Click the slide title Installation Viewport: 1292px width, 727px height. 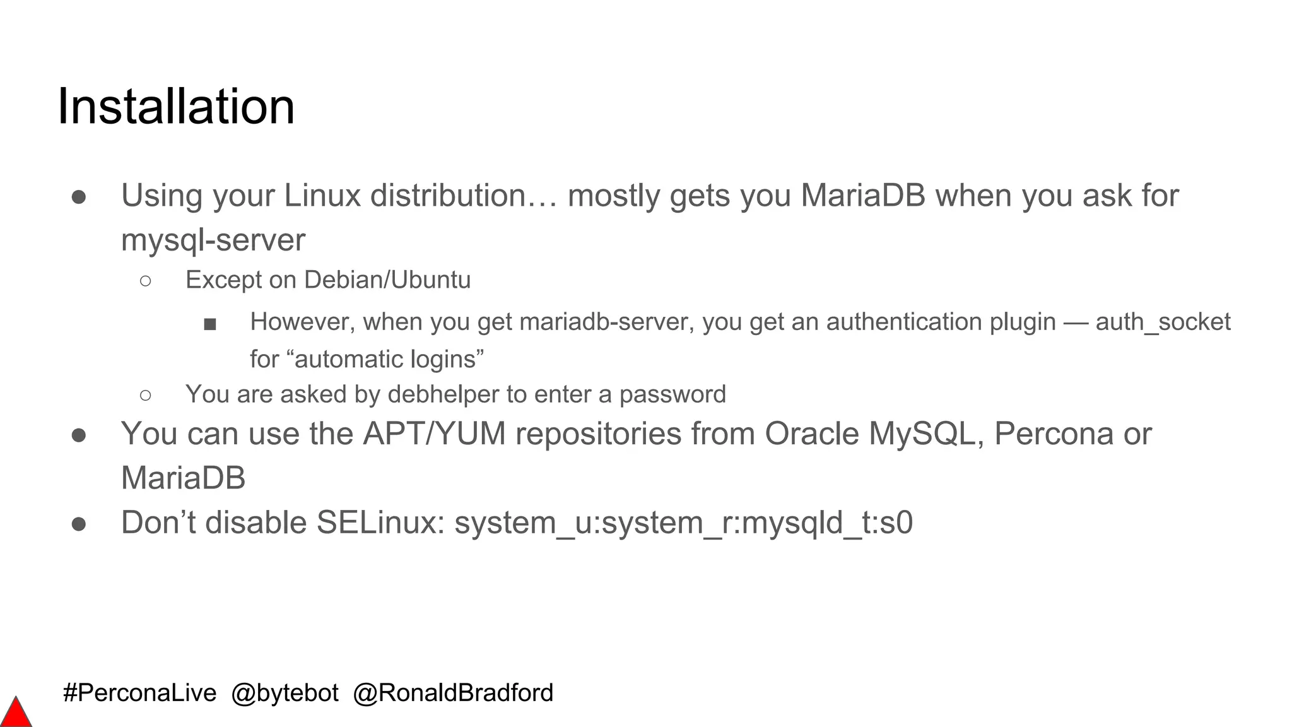tap(176, 107)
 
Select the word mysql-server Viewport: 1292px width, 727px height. tap(213, 240)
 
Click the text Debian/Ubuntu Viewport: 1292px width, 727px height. tap(387, 280)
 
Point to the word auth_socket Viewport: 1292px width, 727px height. tap(1163, 322)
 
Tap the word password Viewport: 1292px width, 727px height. tap(672, 394)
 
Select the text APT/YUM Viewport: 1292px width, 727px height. tap(435, 434)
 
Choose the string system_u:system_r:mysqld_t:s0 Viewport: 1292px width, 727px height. tap(683, 523)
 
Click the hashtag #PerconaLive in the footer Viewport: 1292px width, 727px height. tap(139, 693)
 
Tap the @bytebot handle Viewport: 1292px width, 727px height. tap(285, 693)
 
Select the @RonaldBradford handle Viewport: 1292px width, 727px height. tap(453, 693)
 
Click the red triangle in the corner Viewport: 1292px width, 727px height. tap(15, 714)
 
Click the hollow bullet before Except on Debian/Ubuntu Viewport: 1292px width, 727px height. tap(146, 281)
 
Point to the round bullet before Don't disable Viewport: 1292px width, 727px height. tap(79, 524)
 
